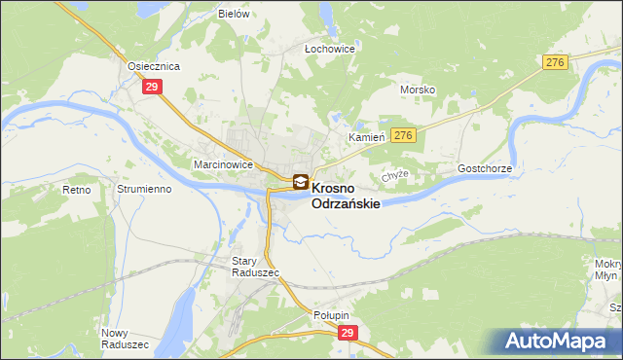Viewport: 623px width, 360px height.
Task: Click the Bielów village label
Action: [x=235, y=15]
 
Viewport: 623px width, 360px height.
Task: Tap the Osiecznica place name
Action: [x=155, y=66]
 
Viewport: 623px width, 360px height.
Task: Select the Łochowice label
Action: [x=329, y=48]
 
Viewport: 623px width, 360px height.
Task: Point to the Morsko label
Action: [x=418, y=90]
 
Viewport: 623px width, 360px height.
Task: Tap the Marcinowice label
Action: [x=224, y=164]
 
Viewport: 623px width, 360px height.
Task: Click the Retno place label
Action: [x=75, y=189]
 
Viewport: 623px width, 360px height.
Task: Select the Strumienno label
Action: [x=144, y=189]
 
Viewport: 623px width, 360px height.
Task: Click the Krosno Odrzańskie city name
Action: [x=345, y=196]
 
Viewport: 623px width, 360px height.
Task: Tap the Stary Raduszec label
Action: [x=255, y=267]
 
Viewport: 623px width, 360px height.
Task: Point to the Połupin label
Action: [x=331, y=315]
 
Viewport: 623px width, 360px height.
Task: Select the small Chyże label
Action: [x=393, y=175]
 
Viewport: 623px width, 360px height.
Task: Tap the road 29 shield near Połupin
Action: [x=348, y=333]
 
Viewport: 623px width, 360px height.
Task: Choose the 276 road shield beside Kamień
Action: [x=405, y=135]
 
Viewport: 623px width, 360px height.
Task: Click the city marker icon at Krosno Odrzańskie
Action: [x=301, y=182]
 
